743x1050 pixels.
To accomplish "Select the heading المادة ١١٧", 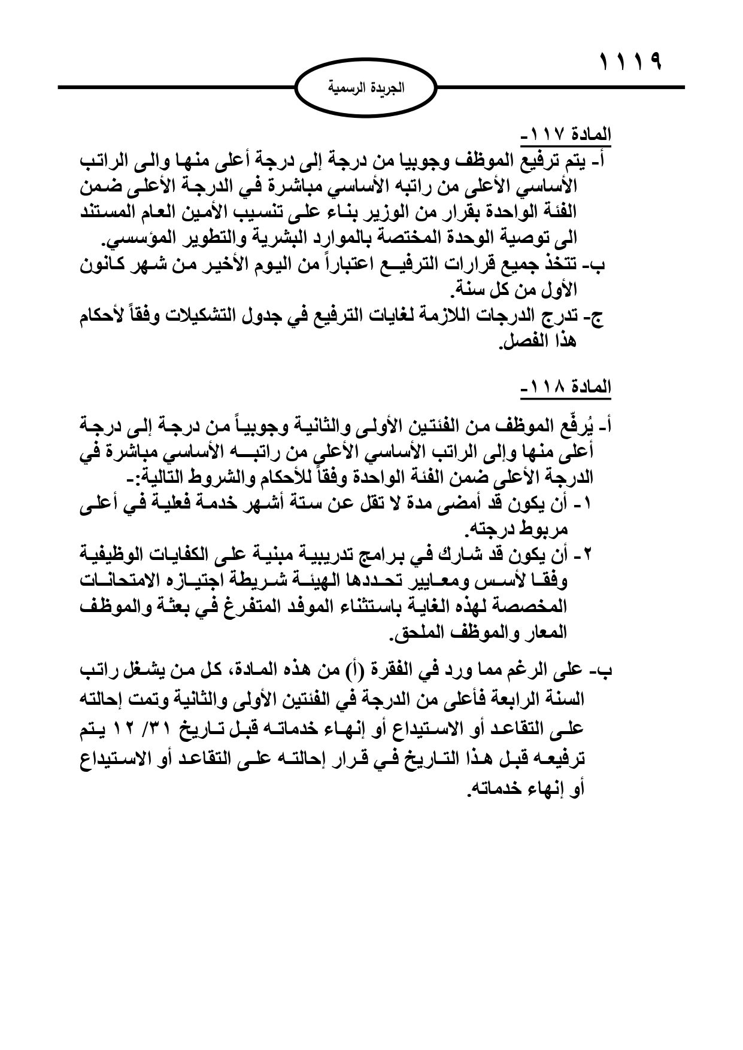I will pyautogui.click(x=565, y=135).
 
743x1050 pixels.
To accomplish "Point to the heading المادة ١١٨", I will pyautogui.click(x=565, y=388).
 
